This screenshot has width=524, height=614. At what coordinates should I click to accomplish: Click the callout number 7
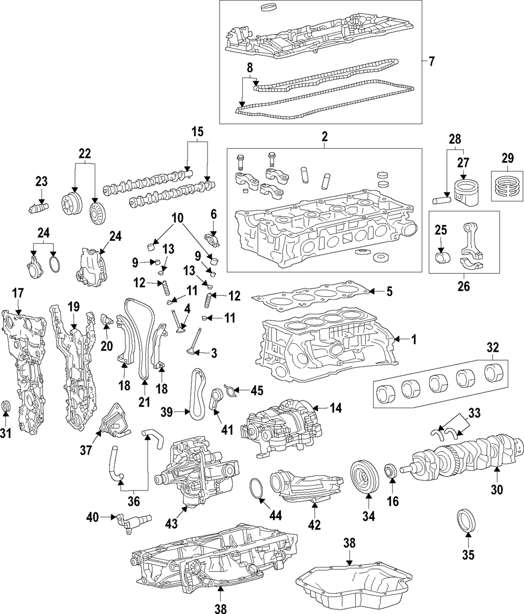pos(431,61)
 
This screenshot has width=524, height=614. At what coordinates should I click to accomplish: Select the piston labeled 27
pos(465,193)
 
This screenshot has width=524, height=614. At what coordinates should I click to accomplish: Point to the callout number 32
pos(493,347)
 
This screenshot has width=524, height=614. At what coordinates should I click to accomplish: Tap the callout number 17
pos(18,293)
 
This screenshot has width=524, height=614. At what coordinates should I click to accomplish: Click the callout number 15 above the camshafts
pos(198,132)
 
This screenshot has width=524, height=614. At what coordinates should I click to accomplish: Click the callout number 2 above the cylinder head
pos(324,137)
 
